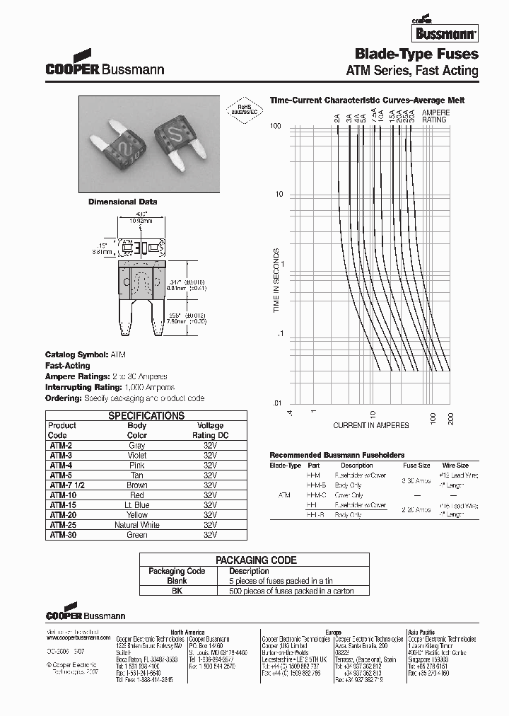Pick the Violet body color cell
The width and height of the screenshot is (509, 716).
[x=137, y=456]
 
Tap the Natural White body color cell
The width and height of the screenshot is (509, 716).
[x=137, y=525]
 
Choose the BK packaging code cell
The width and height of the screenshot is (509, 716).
[x=177, y=591]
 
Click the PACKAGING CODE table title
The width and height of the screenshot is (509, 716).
[x=255, y=560]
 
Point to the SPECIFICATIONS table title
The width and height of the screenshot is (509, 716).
[x=146, y=416]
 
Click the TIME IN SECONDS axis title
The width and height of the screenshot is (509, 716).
[x=277, y=280]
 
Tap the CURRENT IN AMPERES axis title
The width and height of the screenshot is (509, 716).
[x=371, y=425]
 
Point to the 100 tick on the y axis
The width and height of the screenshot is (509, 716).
[x=276, y=126]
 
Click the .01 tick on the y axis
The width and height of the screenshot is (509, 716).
[x=276, y=403]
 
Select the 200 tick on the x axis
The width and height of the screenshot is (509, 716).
[x=450, y=417]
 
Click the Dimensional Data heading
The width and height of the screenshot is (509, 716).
[x=122, y=202]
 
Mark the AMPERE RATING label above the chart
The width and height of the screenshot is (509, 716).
[x=435, y=116]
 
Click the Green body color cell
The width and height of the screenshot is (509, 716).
[x=137, y=535]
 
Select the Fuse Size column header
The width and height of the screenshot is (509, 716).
[x=416, y=466]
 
